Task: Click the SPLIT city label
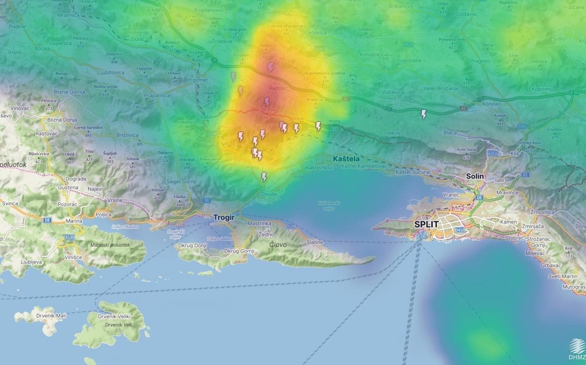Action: [x=427, y=225]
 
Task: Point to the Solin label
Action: [x=474, y=176]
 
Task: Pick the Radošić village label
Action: [x=279, y=88]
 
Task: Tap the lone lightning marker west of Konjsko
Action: [x=423, y=114]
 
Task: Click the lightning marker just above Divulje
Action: [x=264, y=177]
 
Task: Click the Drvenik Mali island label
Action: [x=51, y=316]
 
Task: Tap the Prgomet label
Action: [x=197, y=80]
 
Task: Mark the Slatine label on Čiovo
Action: [x=314, y=243]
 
